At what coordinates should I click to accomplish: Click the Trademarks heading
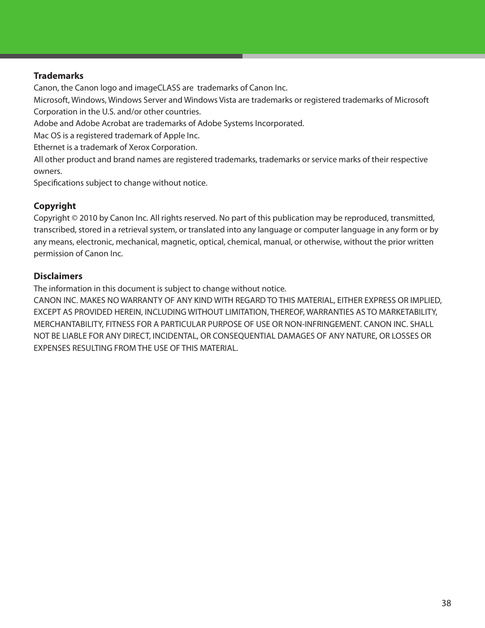pyautogui.click(x=58, y=76)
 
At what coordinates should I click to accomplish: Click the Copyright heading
pyautogui.click(x=54, y=206)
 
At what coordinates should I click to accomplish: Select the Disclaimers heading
pyautogui.click(x=58, y=276)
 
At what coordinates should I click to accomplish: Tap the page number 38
pyautogui.click(x=446, y=603)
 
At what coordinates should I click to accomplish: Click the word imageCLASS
pyautogui.click(x=157, y=88)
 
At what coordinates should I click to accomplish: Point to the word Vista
pyautogui.click(x=227, y=100)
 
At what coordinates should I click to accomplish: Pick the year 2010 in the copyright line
pyautogui.click(x=88, y=218)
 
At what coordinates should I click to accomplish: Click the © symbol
pyautogui.click(x=74, y=218)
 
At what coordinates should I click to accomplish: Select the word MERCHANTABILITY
pyautogui.click(x=68, y=324)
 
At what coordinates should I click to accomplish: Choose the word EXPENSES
pyautogui.click(x=52, y=348)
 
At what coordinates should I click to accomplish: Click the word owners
pyautogui.click(x=47, y=171)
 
